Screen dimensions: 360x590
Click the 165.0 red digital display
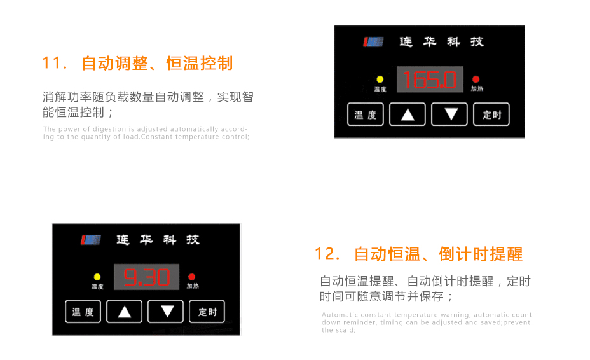click(x=429, y=80)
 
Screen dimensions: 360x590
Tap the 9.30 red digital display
click(x=146, y=277)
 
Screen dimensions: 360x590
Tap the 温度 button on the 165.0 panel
click(x=366, y=114)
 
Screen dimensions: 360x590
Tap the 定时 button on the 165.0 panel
click(x=492, y=114)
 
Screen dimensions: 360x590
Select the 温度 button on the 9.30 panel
click(x=83, y=312)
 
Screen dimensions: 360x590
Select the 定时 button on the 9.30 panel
click(x=207, y=312)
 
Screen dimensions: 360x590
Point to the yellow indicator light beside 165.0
click(x=380, y=80)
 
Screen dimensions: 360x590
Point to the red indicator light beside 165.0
click(x=476, y=80)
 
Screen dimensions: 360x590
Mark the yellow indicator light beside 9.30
click(x=97, y=277)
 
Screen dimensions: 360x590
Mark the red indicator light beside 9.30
click(x=192, y=277)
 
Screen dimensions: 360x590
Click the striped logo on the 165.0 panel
click(x=373, y=42)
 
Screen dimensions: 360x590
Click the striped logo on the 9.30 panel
click(x=90, y=240)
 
